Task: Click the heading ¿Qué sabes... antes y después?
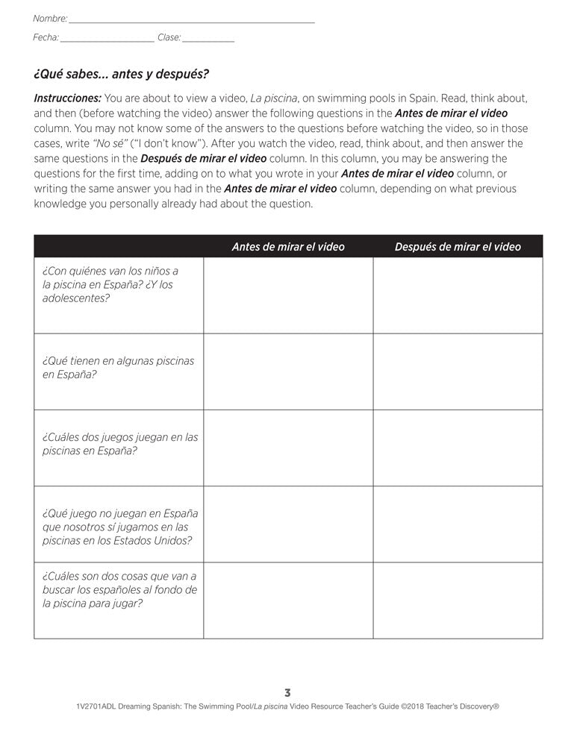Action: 121,74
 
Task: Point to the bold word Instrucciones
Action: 68,98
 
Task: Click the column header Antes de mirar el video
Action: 288,247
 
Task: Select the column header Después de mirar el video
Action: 458,247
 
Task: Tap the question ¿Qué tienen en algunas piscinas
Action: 118,367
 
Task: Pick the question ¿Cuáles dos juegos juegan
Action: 120,444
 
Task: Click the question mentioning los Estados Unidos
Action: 119,527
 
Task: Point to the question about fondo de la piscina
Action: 119,589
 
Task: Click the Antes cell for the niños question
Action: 288,295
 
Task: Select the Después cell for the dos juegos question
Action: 458,448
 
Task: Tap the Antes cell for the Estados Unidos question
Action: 288,524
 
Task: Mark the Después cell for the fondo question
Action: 458,601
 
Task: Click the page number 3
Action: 288,692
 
